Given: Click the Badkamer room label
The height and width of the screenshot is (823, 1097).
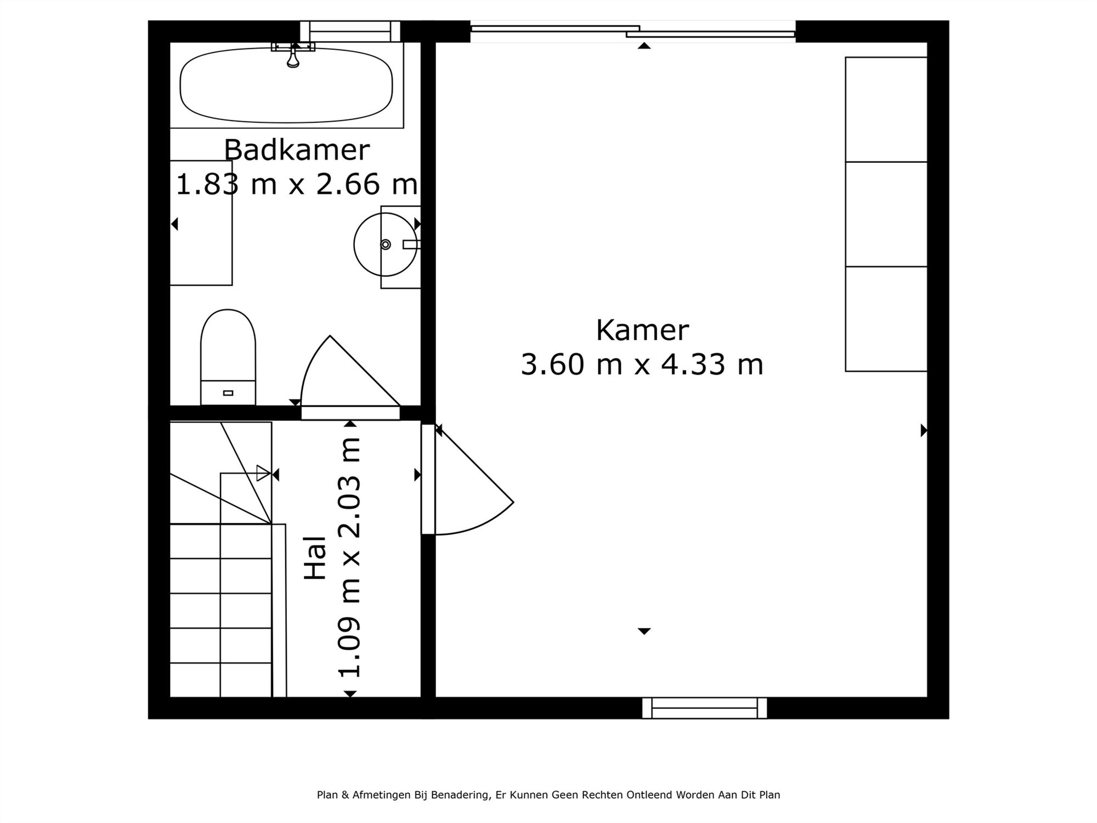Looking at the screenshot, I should click(x=297, y=150).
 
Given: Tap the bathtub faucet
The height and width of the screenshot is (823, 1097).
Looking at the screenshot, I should click(x=293, y=57).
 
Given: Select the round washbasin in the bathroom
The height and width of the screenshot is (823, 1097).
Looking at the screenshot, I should click(x=385, y=244).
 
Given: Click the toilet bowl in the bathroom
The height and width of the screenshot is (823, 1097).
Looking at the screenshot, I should click(x=228, y=346).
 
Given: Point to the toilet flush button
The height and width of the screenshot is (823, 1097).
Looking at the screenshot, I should click(x=228, y=393).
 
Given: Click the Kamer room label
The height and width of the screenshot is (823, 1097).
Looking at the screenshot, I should click(x=642, y=330).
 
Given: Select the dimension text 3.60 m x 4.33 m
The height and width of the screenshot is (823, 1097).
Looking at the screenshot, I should click(x=642, y=364).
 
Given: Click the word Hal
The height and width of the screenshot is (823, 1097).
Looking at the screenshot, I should click(x=316, y=558).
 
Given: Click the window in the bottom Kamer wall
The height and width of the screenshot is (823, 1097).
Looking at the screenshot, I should click(x=704, y=708).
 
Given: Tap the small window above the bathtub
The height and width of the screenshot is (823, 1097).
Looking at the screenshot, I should click(x=350, y=31).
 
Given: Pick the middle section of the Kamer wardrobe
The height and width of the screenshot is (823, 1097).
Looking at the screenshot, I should click(x=886, y=214).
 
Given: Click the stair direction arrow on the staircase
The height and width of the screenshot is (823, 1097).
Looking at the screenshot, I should click(x=264, y=473).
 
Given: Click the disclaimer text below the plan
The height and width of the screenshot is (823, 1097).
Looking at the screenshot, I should click(x=548, y=794).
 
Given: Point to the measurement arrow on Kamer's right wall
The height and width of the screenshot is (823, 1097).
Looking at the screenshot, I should click(x=924, y=430).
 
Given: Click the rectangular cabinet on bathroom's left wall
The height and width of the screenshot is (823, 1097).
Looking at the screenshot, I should click(x=201, y=223).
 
